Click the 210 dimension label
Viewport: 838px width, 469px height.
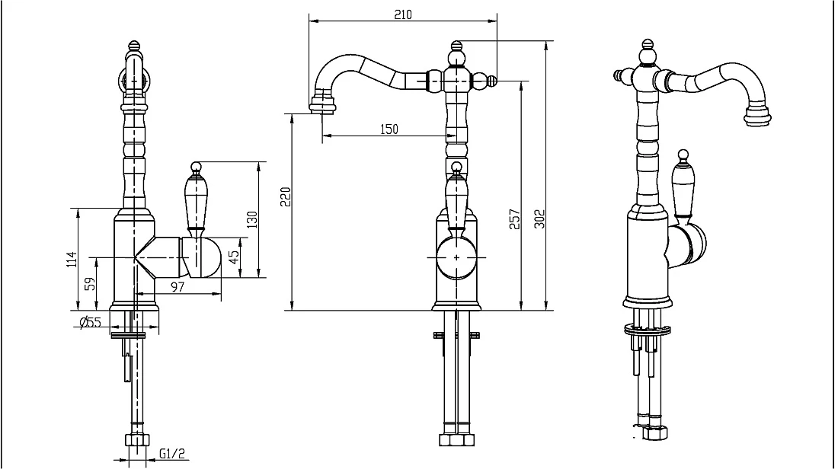[403, 14]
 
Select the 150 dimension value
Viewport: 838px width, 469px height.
[389, 129]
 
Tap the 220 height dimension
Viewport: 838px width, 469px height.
[286, 197]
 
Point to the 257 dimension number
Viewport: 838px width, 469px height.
[514, 219]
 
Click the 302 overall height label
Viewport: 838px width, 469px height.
[540, 219]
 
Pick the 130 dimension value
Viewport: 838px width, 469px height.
[251, 219]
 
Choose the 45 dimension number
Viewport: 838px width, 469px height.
[234, 257]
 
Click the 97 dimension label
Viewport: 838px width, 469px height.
[178, 287]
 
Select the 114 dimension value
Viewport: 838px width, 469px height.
[72, 260]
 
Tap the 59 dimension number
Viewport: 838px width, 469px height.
[91, 283]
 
